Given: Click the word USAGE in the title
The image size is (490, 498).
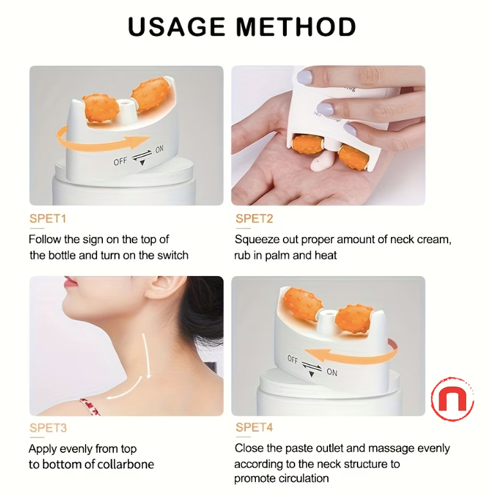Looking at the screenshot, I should point(176,27).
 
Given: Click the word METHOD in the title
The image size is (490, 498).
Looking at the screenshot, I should point(295,27).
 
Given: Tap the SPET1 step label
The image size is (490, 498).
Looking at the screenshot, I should point(48,219).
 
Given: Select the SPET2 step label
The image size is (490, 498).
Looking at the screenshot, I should point(254,219).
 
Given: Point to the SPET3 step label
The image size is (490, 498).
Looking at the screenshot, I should point(48,428).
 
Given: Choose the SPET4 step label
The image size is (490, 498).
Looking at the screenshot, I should point(255,428).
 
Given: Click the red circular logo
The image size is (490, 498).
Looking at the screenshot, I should point(452,400).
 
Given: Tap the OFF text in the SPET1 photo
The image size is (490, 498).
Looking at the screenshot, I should point(120,161).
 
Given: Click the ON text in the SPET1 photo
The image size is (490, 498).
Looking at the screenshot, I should point(159,149).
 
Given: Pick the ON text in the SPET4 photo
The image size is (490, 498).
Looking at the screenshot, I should point(332,372).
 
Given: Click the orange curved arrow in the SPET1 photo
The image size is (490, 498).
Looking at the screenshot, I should point(96,137).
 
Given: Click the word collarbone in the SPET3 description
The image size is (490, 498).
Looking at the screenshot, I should point(122,464).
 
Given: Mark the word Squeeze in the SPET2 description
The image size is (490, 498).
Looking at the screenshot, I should point(256,239).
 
